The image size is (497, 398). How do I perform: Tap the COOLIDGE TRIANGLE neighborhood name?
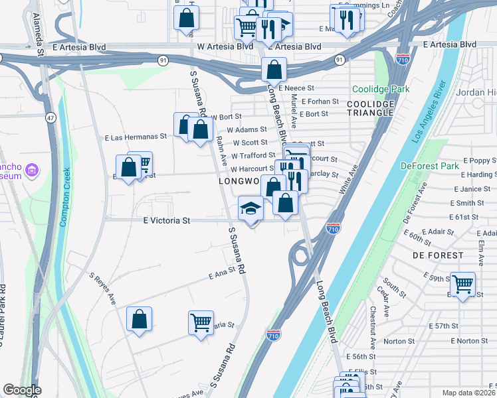pos(371,108)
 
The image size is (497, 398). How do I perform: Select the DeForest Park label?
pos(430,165)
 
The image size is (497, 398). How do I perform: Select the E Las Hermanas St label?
pos(136,137)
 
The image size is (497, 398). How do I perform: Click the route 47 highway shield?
pos(50,117)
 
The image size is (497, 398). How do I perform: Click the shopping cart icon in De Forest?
pos(462,283)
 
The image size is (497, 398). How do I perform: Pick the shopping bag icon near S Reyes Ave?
pos(140,319)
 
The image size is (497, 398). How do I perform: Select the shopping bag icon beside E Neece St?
pos(274,68)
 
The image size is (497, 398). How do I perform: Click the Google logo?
pos(23,390)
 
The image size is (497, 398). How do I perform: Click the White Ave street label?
pos(349,179)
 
